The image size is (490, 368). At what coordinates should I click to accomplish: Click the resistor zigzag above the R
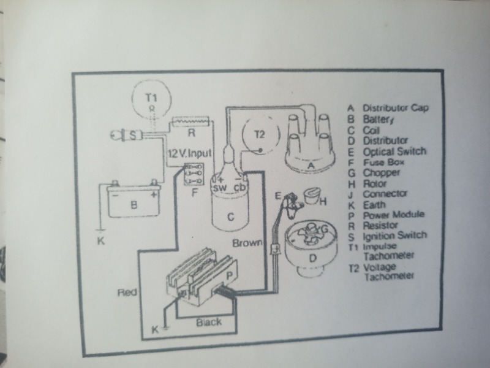(193, 121)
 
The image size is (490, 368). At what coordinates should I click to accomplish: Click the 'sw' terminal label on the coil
(219, 187)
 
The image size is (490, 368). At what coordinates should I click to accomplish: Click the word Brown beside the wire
(247, 243)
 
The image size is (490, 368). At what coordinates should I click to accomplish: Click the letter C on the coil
(231, 216)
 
